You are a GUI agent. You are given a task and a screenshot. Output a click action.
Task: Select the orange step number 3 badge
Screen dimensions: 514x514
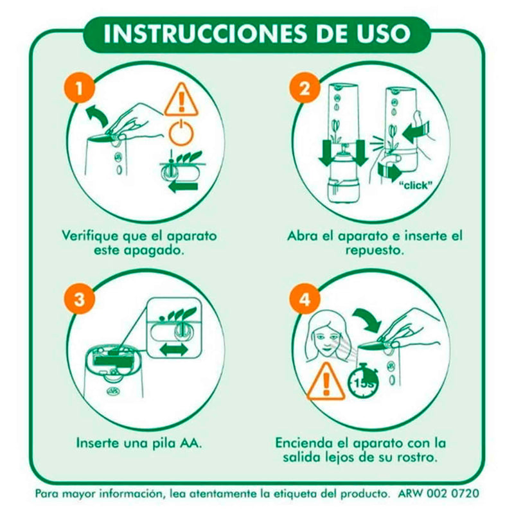[x=79, y=299]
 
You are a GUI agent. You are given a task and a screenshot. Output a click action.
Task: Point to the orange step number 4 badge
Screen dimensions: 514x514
[x=305, y=299]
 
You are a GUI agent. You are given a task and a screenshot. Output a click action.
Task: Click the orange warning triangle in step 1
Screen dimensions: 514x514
[x=181, y=100]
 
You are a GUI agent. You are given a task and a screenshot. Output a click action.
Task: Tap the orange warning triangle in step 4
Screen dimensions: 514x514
[x=326, y=382]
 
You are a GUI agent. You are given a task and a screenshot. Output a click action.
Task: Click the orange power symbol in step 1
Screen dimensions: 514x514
[x=181, y=132]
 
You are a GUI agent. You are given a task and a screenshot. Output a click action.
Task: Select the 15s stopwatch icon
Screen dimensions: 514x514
[x=363, y=380]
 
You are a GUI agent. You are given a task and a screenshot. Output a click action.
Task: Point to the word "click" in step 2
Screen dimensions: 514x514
[x=415, y=185]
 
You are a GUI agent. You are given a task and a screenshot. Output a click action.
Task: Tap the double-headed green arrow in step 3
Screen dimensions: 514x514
[x=174, y=350]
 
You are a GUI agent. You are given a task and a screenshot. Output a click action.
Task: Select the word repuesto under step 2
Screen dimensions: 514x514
[x=375, y=251]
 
